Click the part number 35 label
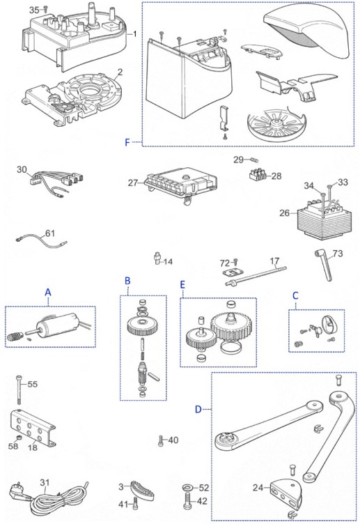34,10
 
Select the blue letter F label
127,143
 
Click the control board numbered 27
182,183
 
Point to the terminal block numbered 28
260,174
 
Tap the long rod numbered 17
256,276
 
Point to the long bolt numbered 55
19,390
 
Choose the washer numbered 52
188,488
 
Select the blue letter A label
48,293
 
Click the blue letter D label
198,409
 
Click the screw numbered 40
161,441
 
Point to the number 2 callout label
120,72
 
